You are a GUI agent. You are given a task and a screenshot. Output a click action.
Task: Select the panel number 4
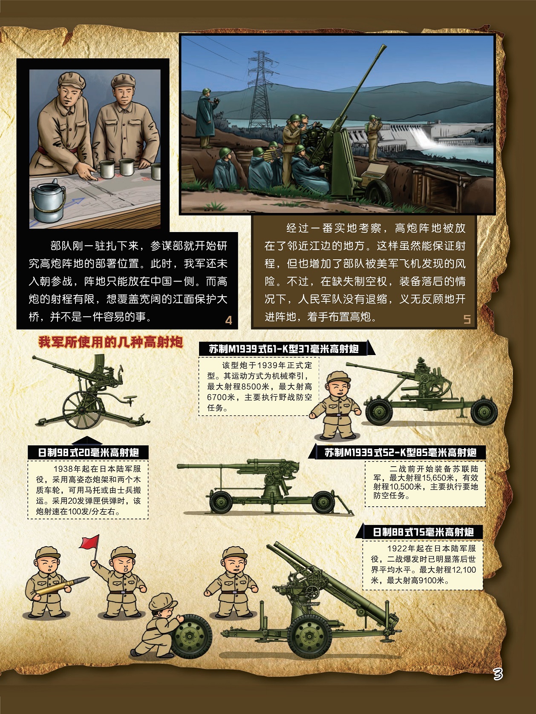(x=228, y=321)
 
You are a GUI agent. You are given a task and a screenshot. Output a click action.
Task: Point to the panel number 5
(x=467, y=319)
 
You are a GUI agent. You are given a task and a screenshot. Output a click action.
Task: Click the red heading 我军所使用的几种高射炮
(x=111, y=342)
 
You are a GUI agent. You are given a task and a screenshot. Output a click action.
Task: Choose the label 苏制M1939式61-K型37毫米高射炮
(x=284, y=349)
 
